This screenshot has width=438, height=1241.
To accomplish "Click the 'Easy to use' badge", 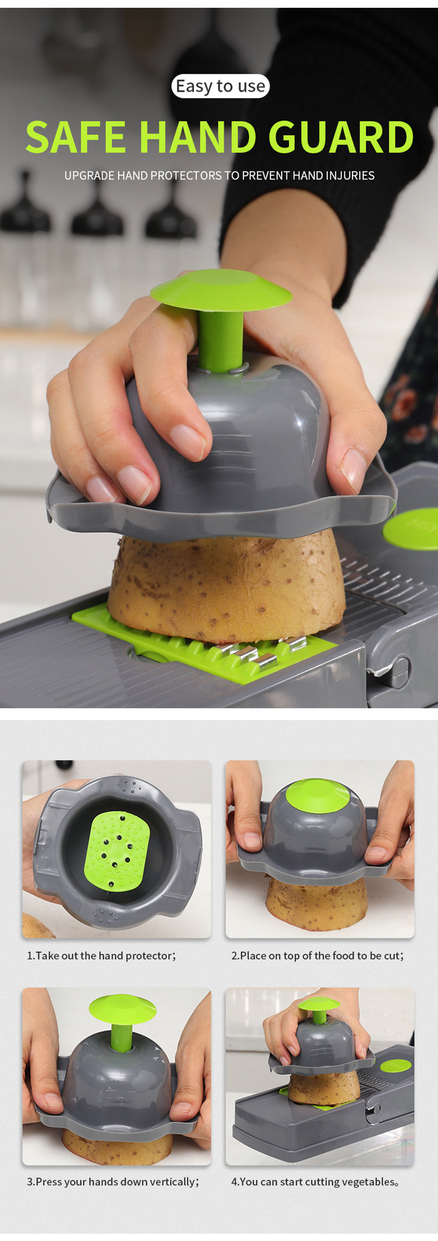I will click(x=220, y=86).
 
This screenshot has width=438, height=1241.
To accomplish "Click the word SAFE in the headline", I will click(x=76, y=137).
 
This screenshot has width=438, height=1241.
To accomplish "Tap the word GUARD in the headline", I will click(x=341, y=137).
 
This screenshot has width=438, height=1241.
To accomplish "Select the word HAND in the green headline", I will click(x=197, y=137).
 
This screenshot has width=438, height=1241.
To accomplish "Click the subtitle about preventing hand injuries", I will click(x=219, y=176).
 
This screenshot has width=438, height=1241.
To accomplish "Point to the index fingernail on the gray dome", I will click(x=187, y=441).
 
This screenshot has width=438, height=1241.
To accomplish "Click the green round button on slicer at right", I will click(x=413, y=529).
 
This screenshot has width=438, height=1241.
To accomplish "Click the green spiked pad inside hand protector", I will click(x=117, y=851).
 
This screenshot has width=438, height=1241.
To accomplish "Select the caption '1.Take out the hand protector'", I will click(x=101, y=956).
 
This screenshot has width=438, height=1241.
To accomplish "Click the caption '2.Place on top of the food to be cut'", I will click(x=317, y=956).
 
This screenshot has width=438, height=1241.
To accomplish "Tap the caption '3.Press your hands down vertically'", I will click(x=113, y=1182).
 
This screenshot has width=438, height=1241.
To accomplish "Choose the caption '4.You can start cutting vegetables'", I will click(x=314, y=1182).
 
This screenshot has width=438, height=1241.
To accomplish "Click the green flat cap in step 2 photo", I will click(x=317, y=796).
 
